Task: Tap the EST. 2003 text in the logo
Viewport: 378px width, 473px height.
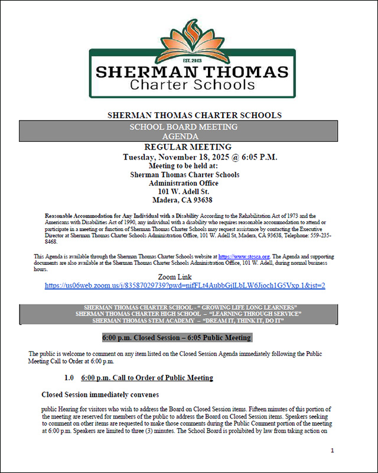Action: coord(189,61)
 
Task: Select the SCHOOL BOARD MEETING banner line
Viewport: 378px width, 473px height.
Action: coord(184,127)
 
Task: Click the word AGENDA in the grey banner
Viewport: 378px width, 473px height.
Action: coord(184,136)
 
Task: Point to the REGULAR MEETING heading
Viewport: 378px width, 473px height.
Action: coord(188,147)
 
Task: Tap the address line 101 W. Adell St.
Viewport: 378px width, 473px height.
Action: coord(184,192)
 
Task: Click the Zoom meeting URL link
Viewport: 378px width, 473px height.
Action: coord(185,286)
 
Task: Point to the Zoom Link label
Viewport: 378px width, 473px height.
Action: coord(184,277)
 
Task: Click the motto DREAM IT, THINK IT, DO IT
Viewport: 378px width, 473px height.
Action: coord(243,320)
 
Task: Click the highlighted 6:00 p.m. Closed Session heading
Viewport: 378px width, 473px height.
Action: coord(177,338)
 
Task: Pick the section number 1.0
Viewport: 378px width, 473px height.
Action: coord(69,378)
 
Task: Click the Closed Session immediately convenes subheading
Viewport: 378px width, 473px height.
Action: coord(100,394)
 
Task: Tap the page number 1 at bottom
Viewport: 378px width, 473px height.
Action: coord(333,451)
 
